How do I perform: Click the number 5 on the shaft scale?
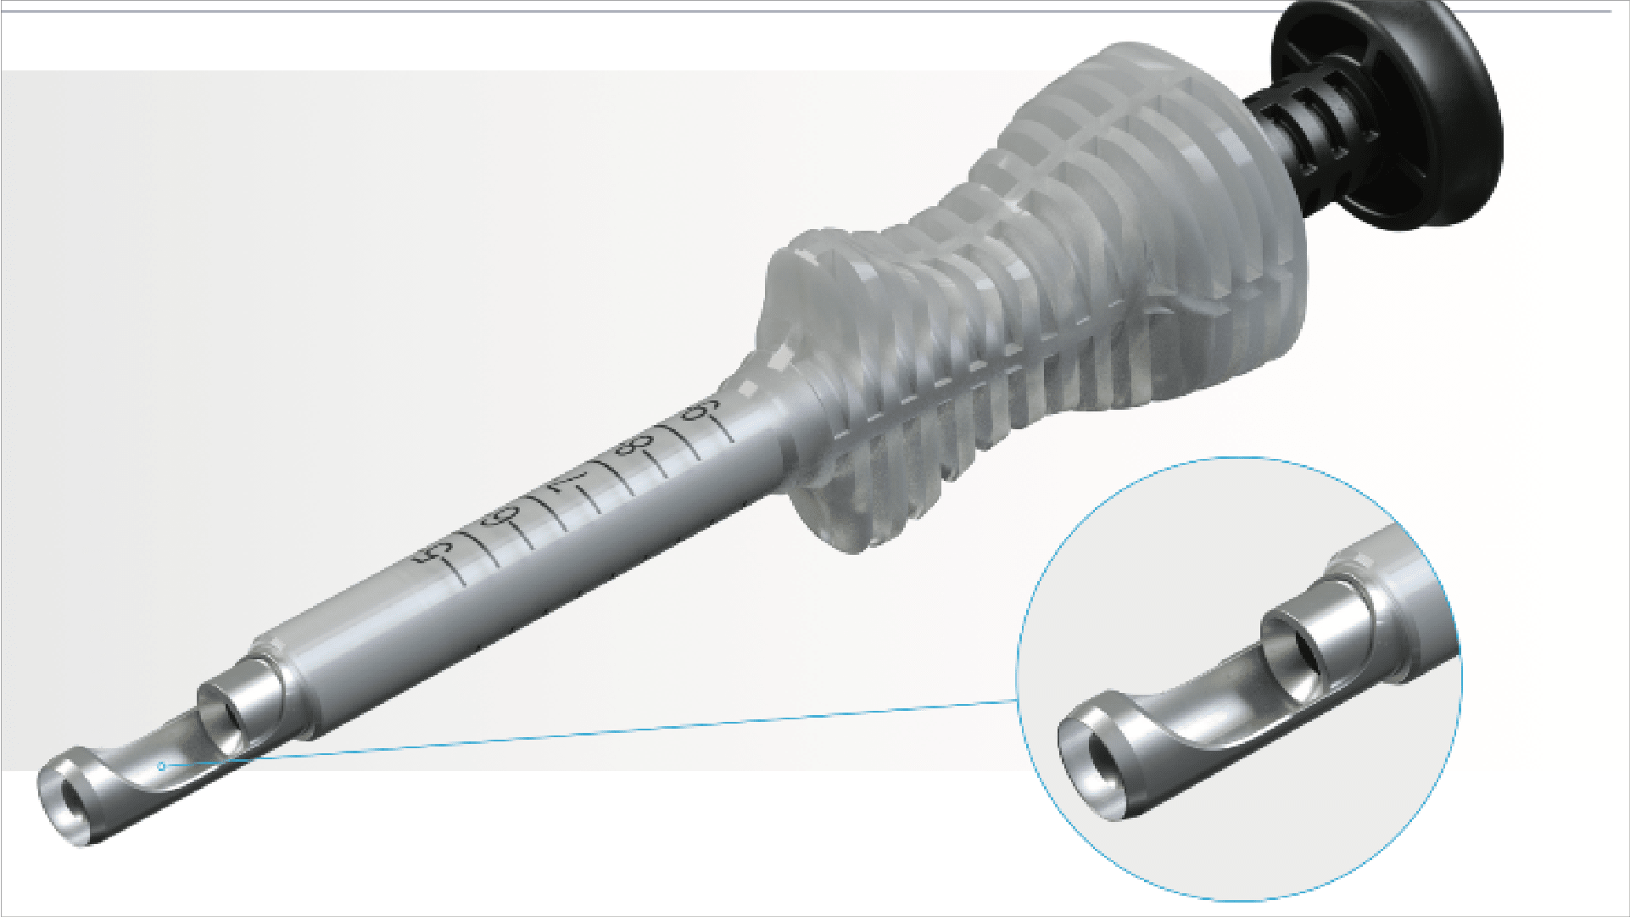(433, 552)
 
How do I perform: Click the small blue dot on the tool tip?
(161, 766)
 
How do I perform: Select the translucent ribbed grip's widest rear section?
(1187, 212)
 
